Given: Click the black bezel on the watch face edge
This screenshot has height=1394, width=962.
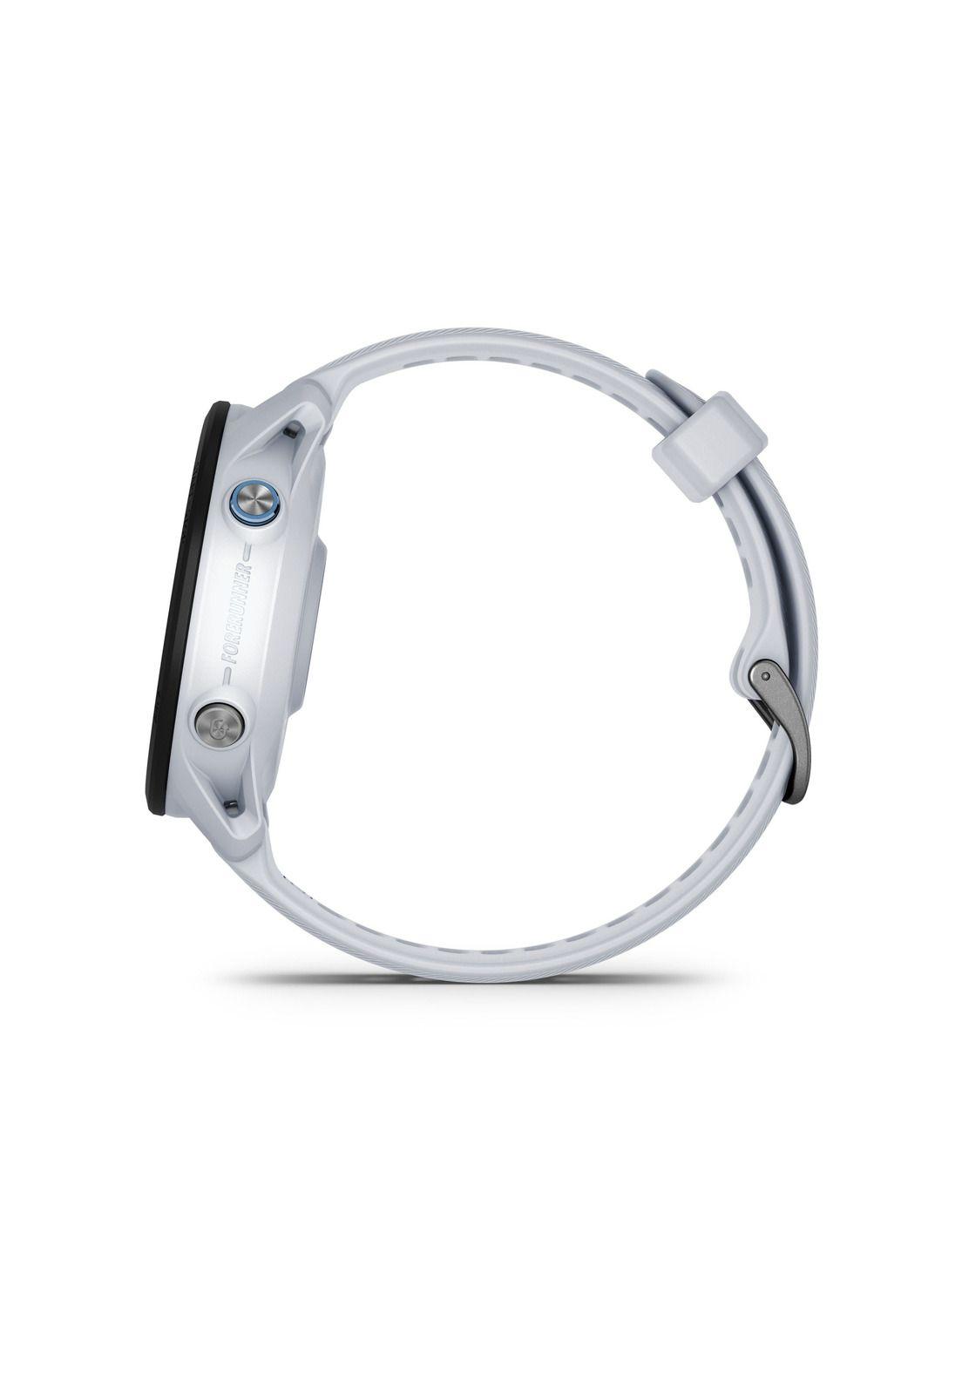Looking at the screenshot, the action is click(180, 610).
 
